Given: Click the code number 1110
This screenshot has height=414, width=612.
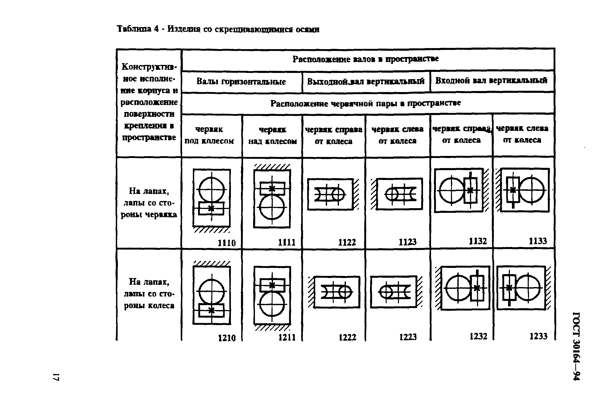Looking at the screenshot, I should pyautogui.click(x=226, y=243).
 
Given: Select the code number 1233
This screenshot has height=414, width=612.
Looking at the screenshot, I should pyautogui.click(x=538, y=336).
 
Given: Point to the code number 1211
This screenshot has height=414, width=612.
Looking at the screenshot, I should pyautogui.click(x=287, y=337).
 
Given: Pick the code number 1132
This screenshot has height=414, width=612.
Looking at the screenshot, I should pyautogui.click(x=478, y=241).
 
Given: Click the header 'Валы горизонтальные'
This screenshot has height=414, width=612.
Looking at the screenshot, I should pyautogui.click(x=241, y=82).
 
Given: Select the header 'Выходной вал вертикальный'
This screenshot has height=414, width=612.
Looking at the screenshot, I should pyautogui.click(x=366, y=81).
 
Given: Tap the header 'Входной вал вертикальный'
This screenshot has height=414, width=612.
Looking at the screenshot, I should pyautogui.click(x=491, y=80).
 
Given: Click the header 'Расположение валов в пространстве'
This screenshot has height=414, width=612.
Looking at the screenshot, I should pyautogui.click(x=366, y=59).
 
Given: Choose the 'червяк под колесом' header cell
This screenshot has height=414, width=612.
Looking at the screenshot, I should pyautogui.click(x=209, y=135).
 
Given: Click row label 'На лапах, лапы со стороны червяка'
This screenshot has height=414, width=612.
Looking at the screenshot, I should pyautogui.click(x=149, y=203).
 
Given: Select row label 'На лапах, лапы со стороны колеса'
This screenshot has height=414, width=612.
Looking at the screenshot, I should pyautogui.click(x=149, y=294).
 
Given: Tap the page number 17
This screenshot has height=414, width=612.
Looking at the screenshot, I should pyautogui.click(x=56, y=377).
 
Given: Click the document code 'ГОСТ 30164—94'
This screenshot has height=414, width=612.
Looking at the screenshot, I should pyautogui.click(x=576, y=346).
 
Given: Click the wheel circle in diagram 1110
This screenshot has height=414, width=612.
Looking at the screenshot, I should pyautogui.click(x=211, y=189).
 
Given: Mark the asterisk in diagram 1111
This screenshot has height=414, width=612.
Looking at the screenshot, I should pyautogui.click(x=272, y=189).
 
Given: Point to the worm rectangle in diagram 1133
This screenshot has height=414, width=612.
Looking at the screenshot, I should pyautogui.click(x=513, y=190).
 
